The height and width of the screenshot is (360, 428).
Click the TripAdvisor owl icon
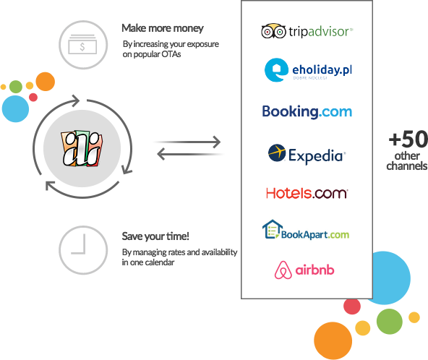coord(272,32)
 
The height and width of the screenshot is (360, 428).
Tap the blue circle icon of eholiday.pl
coord(275,70)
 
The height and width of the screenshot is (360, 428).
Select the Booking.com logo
coord(307,111)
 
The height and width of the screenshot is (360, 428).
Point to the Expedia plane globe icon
coord(277,153)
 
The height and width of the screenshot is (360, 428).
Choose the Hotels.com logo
coord(307,193)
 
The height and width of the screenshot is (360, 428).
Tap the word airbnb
coord(314,271)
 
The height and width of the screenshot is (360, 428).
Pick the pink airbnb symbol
coord(283,270)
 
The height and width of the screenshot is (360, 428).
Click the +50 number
coord(408,139)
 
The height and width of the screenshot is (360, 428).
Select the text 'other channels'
coord(406,161)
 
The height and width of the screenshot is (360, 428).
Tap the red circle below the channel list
coord(352,306)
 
